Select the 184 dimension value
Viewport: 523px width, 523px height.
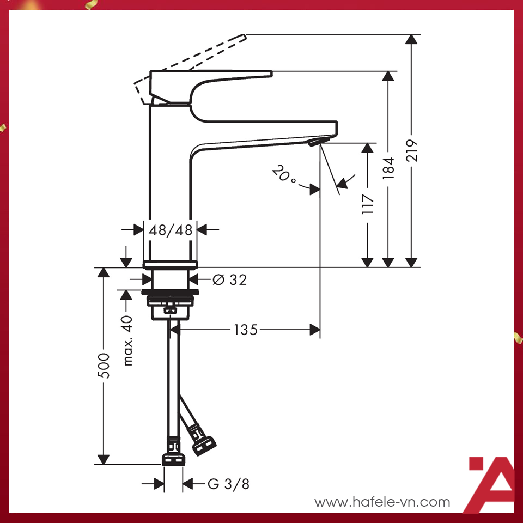tap(388, 169)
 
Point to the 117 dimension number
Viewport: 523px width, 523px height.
tap(368, 204)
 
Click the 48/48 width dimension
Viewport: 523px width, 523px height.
tap(171, 230)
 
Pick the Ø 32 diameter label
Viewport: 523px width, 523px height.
tap(229, 280)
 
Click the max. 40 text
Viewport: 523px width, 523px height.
tap(127, 340)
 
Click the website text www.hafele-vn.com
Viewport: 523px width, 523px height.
tap(382, 502)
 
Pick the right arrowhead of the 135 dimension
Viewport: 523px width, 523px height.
tap(314, 330)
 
